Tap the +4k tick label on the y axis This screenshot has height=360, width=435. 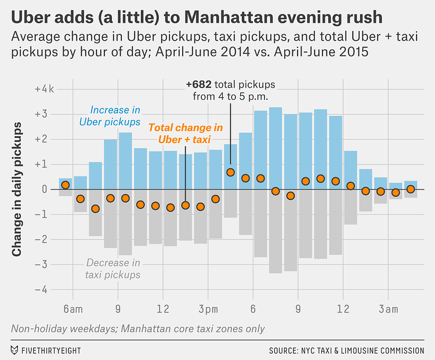pos(44,89)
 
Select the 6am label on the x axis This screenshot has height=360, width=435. pos(73,309)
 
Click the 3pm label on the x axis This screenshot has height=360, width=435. pos(208,309)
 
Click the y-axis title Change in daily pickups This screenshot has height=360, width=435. pos(17,189)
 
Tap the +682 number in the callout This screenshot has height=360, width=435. pos(199,85)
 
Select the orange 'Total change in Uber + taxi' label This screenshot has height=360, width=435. pos(186,133)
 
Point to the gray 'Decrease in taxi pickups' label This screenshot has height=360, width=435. pos(113,269)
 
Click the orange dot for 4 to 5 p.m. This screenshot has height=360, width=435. pos(230,172)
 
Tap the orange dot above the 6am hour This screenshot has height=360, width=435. pos(65,185)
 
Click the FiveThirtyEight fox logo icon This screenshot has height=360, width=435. pos(14,350)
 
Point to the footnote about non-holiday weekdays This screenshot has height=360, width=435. pos(137,329)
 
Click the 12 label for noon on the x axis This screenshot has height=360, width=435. pos(163,309)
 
